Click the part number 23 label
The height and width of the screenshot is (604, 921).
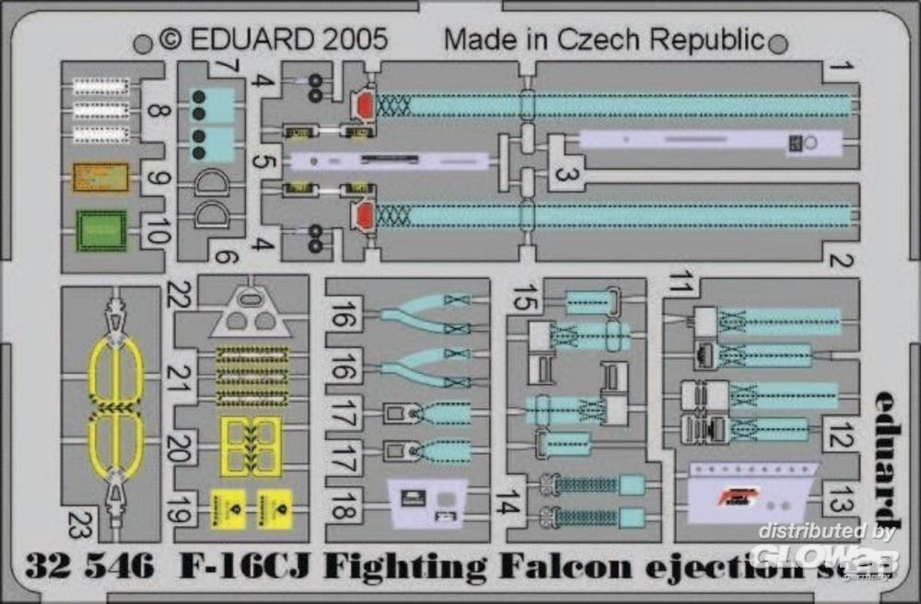tap(78, 525)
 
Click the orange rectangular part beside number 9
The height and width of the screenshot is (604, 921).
tap(101, 176)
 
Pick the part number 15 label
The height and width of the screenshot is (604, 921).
tap(525, 300)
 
